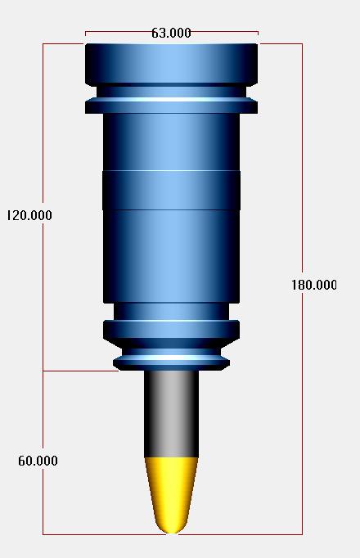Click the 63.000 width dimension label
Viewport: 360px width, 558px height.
(171, 33)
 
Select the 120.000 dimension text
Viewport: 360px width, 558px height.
(29, 215)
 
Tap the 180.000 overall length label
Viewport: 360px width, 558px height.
(314, 285)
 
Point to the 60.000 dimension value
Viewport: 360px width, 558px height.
(38, 461)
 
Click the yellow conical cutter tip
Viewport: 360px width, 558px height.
(172, 495)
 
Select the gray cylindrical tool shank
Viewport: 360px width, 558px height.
(172, 414)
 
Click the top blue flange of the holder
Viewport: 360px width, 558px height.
(171, 65)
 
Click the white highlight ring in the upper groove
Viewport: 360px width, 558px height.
(171, 99)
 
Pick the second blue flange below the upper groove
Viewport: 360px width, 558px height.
(171, 107)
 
